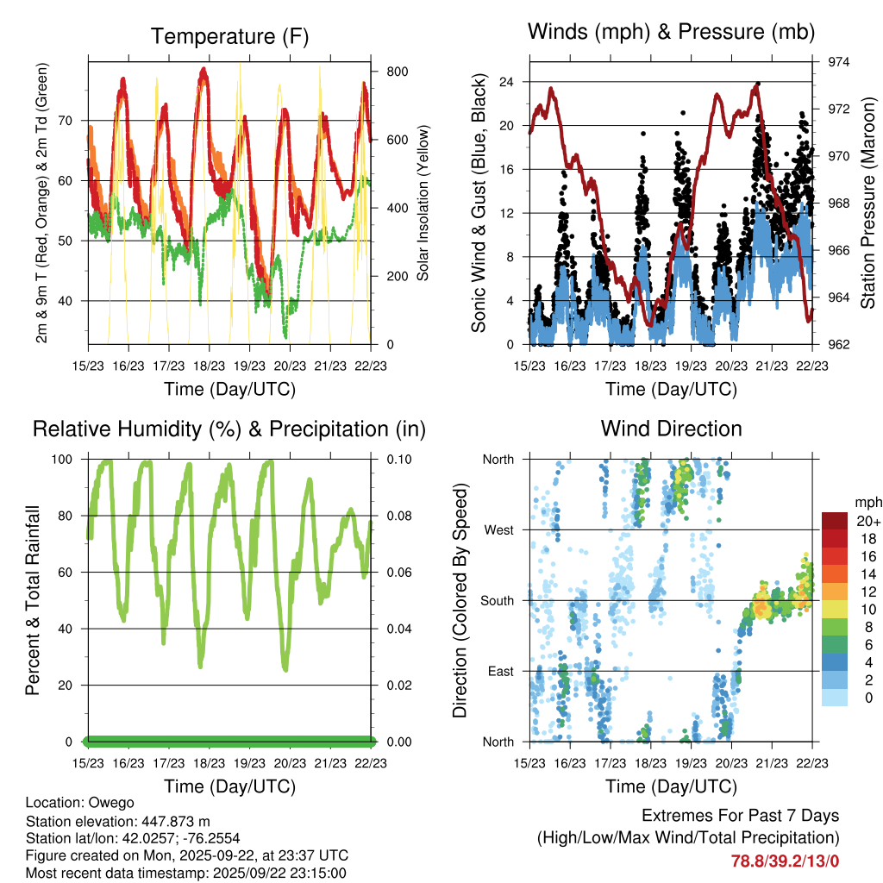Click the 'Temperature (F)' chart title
click(229, 36)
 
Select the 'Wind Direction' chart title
click(671, 429)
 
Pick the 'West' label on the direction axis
click(498, 529)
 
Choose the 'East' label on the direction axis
click(499, 671)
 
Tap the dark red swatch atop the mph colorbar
click(835, 520)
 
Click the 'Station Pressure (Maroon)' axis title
click(868, 203)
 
